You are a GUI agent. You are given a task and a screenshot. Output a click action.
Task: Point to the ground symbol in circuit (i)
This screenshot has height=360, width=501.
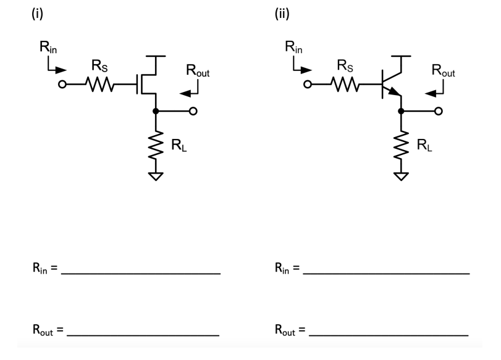(156, 177)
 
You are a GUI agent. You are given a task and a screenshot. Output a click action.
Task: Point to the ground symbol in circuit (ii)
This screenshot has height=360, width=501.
(402, 177)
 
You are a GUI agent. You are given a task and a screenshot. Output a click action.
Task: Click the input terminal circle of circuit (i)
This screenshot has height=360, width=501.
(62, 85)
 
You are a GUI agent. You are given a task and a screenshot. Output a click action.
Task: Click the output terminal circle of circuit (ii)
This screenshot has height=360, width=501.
(439, 112)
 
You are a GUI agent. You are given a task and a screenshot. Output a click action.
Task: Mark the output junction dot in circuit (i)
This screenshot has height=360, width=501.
(156, 112)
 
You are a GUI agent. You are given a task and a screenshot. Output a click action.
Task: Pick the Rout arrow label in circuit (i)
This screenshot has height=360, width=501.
(198, 73)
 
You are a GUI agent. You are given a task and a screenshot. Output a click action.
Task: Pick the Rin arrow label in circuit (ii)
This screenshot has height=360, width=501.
(294, 46)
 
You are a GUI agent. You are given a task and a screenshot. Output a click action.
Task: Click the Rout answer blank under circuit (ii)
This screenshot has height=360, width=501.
(388, 335)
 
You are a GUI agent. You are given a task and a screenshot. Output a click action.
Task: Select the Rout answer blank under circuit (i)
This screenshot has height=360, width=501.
(143, 335)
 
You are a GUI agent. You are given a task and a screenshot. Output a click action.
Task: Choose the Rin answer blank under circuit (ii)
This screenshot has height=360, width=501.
(385, 272)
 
